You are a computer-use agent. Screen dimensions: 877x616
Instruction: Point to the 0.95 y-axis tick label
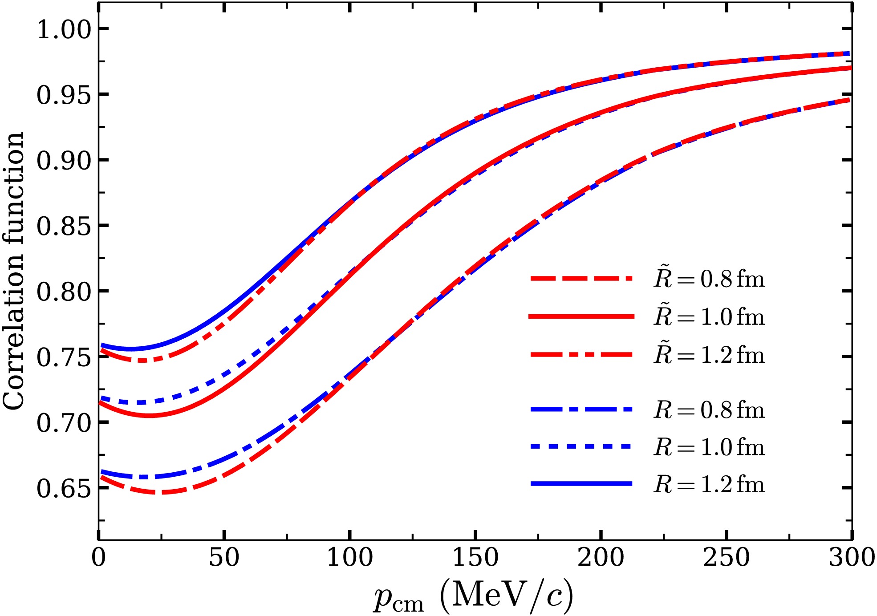pos(64,95)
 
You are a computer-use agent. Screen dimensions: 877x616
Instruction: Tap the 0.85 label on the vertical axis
pos(64,226)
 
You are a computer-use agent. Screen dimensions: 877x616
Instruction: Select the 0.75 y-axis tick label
pos(64,357)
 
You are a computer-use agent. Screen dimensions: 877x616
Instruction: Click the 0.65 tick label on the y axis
pos(64,488)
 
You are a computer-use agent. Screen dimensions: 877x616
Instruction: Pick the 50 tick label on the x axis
pos(224,557)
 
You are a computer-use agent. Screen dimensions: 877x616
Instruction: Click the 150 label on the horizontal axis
pos(475,557)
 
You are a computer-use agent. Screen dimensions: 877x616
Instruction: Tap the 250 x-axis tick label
pos(727,557)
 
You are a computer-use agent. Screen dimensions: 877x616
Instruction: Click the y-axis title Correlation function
pos(13,271)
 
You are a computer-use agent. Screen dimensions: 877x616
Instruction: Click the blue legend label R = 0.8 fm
pos(709,409)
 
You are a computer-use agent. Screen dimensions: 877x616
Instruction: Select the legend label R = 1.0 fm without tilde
pos(709,447)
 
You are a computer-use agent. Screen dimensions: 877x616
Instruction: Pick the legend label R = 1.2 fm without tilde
pos(709,484)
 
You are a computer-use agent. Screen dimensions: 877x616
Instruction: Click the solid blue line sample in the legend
pos(581,483)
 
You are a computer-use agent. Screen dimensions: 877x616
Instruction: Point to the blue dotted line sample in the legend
pos(581,446)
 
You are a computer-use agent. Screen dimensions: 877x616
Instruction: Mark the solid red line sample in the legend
pos(581,316)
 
